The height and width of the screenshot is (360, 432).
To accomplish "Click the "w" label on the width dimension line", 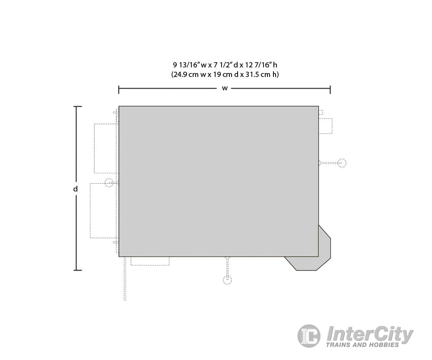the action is click(225, 89).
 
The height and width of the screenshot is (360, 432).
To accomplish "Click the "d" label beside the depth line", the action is click(75, 189).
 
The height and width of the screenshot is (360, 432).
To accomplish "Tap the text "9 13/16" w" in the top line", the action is click(190, 65).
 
